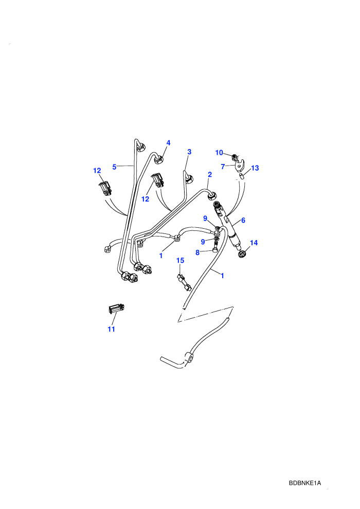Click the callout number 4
tap(168, 143)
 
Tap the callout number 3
tap(189, 152)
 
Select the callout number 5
tap(114, 167)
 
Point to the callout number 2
tap(210, 174)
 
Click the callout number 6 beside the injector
tap(243, 220)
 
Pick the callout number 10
tap(219, 153)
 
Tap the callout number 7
tap(223, 167)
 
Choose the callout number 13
tap(255, 168)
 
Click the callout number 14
tap(254, 243)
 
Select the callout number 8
tap(197, 252)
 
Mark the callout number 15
tap(180, 260)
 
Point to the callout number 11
tap(112, 329)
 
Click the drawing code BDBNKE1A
tap(305, 483)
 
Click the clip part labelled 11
tap(116, 308)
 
